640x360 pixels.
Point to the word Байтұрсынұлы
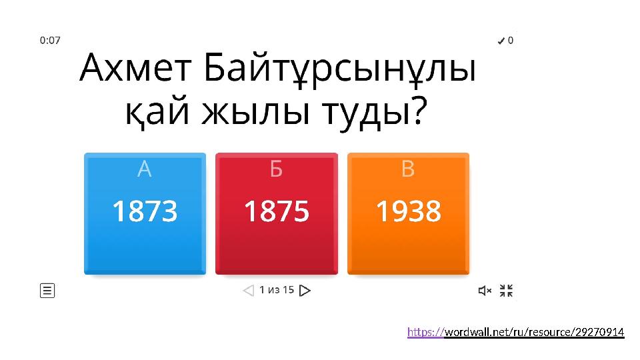coord(340,70)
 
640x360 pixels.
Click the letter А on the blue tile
coord(145,170)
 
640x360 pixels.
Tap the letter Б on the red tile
coord(277,170)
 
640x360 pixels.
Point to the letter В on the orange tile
coord(409,170)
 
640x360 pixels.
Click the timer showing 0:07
coord(50,40)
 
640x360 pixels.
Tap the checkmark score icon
coord(501,41)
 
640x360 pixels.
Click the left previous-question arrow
coord(248,291)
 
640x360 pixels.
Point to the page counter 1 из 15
coord(277,290)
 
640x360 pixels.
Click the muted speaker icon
coord(485,291)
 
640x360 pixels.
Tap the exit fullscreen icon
coord(507,291)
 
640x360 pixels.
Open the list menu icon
coord(47,291)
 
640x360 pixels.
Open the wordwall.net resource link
coord(515,332)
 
